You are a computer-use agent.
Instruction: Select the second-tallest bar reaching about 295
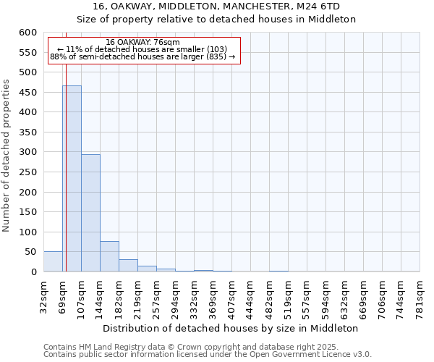point(90,213)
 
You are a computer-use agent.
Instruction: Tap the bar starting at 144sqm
point(109,256)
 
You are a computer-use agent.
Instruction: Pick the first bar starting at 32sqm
point(53,261)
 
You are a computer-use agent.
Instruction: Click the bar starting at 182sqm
point(128,266)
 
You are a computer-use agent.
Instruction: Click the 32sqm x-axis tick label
point(43,295)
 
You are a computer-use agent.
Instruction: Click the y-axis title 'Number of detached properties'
point(7,156)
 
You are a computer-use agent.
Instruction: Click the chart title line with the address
point(216,7)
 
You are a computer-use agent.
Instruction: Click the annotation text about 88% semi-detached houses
point(142,56)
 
